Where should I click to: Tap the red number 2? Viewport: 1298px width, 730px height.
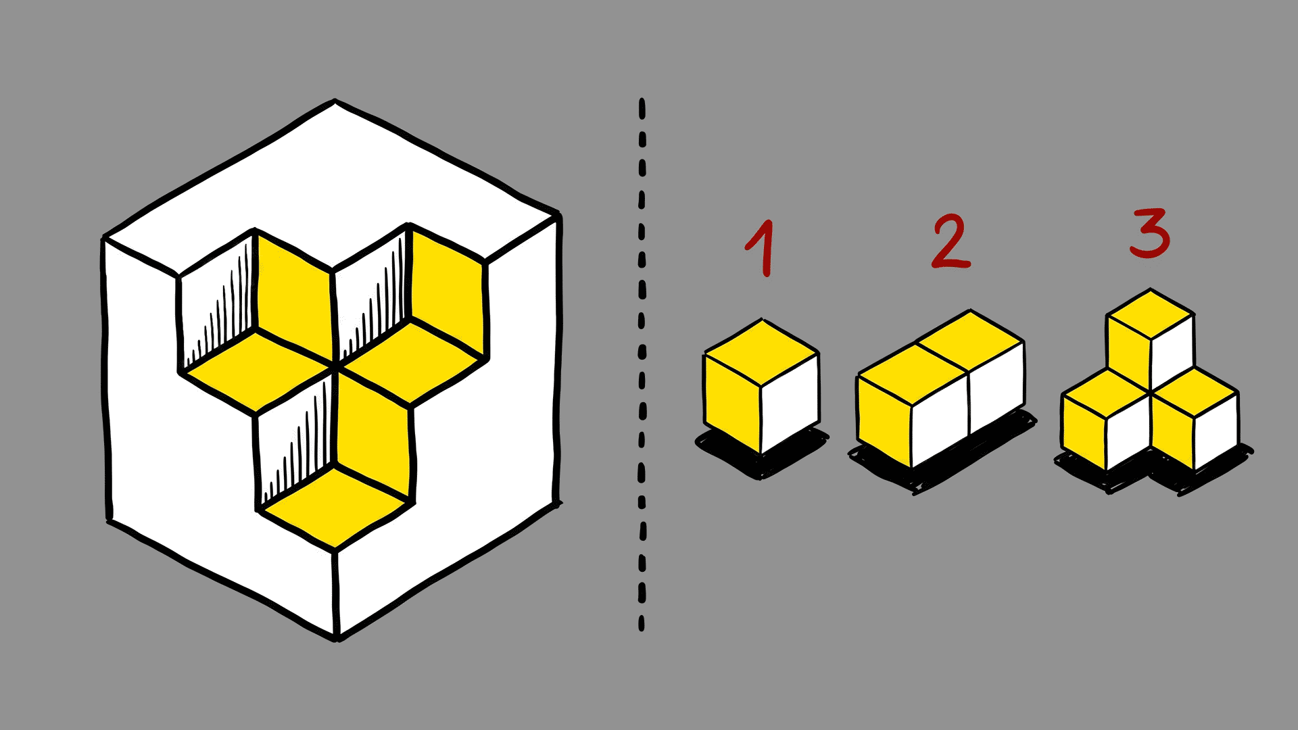pyautogui.click(x=951, y=242)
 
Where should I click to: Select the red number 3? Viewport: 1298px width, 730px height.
pyautogui.click(x=1150, y=233)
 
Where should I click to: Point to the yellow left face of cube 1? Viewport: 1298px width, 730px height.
pyautogui.click(x=733, y=404)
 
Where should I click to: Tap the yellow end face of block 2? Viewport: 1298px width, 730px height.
pyautogui.click(x=884, y=420)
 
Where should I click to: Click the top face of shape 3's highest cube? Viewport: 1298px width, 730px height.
pyautogui.click(x=1150, y=314)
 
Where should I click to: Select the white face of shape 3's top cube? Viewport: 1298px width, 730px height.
pyautogui.click(x=1172, y=353)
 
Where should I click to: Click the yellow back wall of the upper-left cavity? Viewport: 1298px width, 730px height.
pyautogui.click(x=294, y=294)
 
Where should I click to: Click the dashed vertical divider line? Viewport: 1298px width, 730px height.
pyautogui.click(x=642, y=365)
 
